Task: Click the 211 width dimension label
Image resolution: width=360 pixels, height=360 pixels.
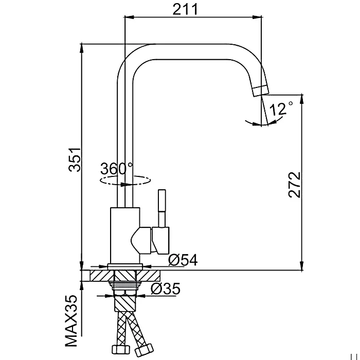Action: [x=185, y=9]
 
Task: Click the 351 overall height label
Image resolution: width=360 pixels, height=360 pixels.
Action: [x=75, y=160]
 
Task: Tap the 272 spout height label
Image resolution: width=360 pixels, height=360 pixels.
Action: [x=294, y=185]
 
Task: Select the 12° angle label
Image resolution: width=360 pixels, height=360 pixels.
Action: [x=281, y=109]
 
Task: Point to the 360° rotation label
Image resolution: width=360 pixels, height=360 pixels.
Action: [x=117, y=168]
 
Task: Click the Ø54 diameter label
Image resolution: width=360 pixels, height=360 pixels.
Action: [x=183, y=260]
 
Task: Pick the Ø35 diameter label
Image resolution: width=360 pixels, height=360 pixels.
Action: [x=166, y=289]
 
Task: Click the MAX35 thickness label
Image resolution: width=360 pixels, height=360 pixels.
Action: [x=71, y=320]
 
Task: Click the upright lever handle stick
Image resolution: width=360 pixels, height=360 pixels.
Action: [x=162, y=208]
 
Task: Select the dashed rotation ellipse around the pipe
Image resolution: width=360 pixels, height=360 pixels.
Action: [x=125, y=180]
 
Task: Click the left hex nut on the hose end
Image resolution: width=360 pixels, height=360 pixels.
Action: [x=121, y=350]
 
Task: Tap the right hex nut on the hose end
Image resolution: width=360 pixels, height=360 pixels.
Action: [x=143, y=349]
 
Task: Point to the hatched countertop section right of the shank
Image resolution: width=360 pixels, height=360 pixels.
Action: [x=148, y=276]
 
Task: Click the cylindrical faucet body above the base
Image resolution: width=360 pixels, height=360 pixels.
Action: [x=125, y=236]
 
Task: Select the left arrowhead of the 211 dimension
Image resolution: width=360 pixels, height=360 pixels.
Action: [x=129, y=17]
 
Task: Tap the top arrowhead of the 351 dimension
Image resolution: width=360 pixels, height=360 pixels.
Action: [x=81, y=49]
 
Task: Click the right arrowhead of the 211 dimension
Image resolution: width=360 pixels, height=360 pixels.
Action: [x=257, y=17]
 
